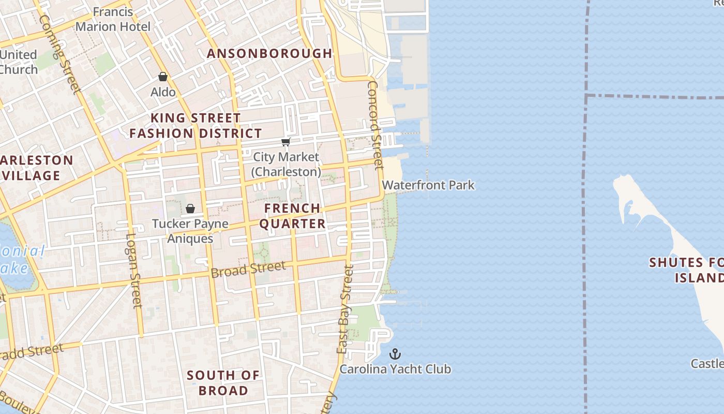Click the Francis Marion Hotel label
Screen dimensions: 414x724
pyautogui.click(x=113, y=19)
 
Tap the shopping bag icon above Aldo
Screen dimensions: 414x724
pyautogui.click(x=163, y=77)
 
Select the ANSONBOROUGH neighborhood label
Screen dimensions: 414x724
pyautogui.click(x=269, y=53)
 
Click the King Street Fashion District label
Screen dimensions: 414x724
pyautogui.click(x=195, y=126)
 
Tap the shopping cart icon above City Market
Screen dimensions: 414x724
pyautogui.click(x=285, y=142)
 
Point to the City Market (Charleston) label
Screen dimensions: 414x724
pyautogui.click(x=286, y=164)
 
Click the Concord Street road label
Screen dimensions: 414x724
pyautogui.click(x=375, y=124)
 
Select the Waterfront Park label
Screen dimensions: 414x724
pyautogui.click(x=428, y=185)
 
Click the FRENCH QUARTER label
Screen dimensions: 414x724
pyautogui.click(x=292, y=216)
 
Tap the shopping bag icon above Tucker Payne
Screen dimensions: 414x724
pyautogui.click(x=190, y=209)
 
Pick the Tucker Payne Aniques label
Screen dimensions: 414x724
pyautogui.click(x=190, y=231)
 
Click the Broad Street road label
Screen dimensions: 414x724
pyautogui.click(x=248, y=269)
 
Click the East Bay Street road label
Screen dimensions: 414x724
pyautogui.click(x=345, y=309)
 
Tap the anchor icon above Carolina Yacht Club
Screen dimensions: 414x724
pyautogui.click(x=395, y=354)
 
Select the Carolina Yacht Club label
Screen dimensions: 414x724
pyautogui.click(x=395, y=369)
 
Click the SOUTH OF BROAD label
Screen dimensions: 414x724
pyautogui.click(x=223, y=382)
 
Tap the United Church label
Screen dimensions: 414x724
pyautogui.click(x=19, y=62)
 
